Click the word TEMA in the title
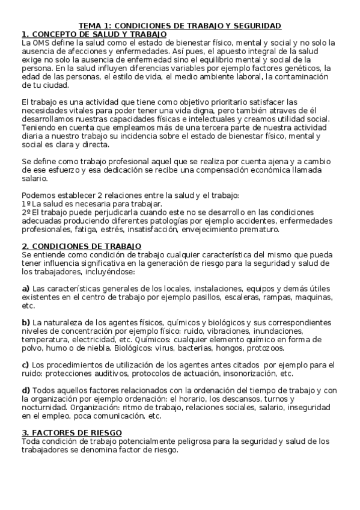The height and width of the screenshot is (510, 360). pos(90,26)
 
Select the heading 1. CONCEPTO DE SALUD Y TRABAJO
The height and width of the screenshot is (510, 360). pos(94,34)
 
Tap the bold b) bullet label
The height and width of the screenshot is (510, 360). pos(26,322)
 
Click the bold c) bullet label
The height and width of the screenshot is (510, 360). pos(25,365)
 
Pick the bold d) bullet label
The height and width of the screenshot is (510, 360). pos(26,390)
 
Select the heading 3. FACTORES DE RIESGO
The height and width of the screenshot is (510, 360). pos(72,433)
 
